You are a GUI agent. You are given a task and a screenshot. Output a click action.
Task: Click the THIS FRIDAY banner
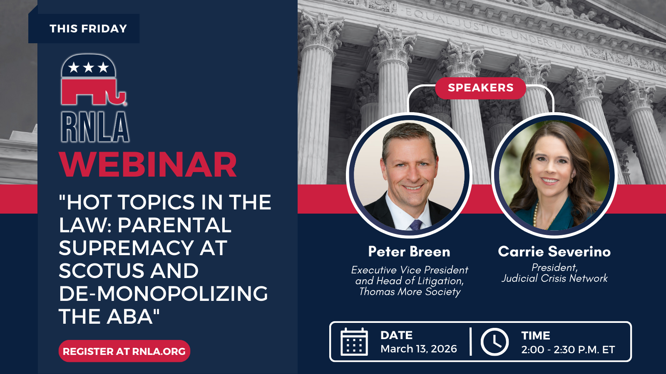(84, 29)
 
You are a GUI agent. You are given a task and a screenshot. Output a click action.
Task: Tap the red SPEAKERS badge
(480, 88)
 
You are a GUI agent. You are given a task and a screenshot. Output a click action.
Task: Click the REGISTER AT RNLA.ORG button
(124, 351)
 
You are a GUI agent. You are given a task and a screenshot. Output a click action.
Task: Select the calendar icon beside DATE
(354, 342)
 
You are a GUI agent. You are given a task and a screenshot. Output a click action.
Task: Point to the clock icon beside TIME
(495, 342)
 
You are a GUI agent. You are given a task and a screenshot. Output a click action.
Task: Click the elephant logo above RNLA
(93, 79)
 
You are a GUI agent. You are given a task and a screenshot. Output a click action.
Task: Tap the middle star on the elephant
(88, 67)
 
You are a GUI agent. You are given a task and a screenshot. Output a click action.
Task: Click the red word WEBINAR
(148, 165)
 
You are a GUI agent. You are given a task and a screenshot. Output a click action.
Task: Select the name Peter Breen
(409, 252)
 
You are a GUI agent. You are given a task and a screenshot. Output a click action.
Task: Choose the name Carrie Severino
(554, 252)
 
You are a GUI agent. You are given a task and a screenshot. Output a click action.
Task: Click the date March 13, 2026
(419, 349)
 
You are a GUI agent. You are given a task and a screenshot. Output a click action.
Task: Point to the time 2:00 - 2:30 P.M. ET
(568, 349)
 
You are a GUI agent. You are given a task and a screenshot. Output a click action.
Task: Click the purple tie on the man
(416, 225)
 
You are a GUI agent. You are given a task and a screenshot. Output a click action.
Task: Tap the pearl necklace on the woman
(536, 215)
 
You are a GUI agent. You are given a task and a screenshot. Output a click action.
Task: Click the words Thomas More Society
(410, 291)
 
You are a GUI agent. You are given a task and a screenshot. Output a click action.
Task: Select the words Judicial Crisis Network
(554, 278)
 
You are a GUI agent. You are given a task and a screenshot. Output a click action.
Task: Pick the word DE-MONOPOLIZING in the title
(163, 293)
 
